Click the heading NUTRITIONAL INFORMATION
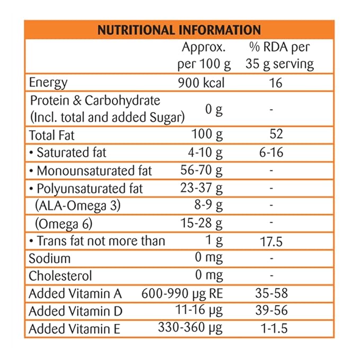179,29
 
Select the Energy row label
48,83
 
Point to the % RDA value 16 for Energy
275,83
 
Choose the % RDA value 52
276,135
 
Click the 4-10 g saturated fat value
204,153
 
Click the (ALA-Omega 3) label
78,206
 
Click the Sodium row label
49,259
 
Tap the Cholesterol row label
60,276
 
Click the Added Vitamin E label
75,329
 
